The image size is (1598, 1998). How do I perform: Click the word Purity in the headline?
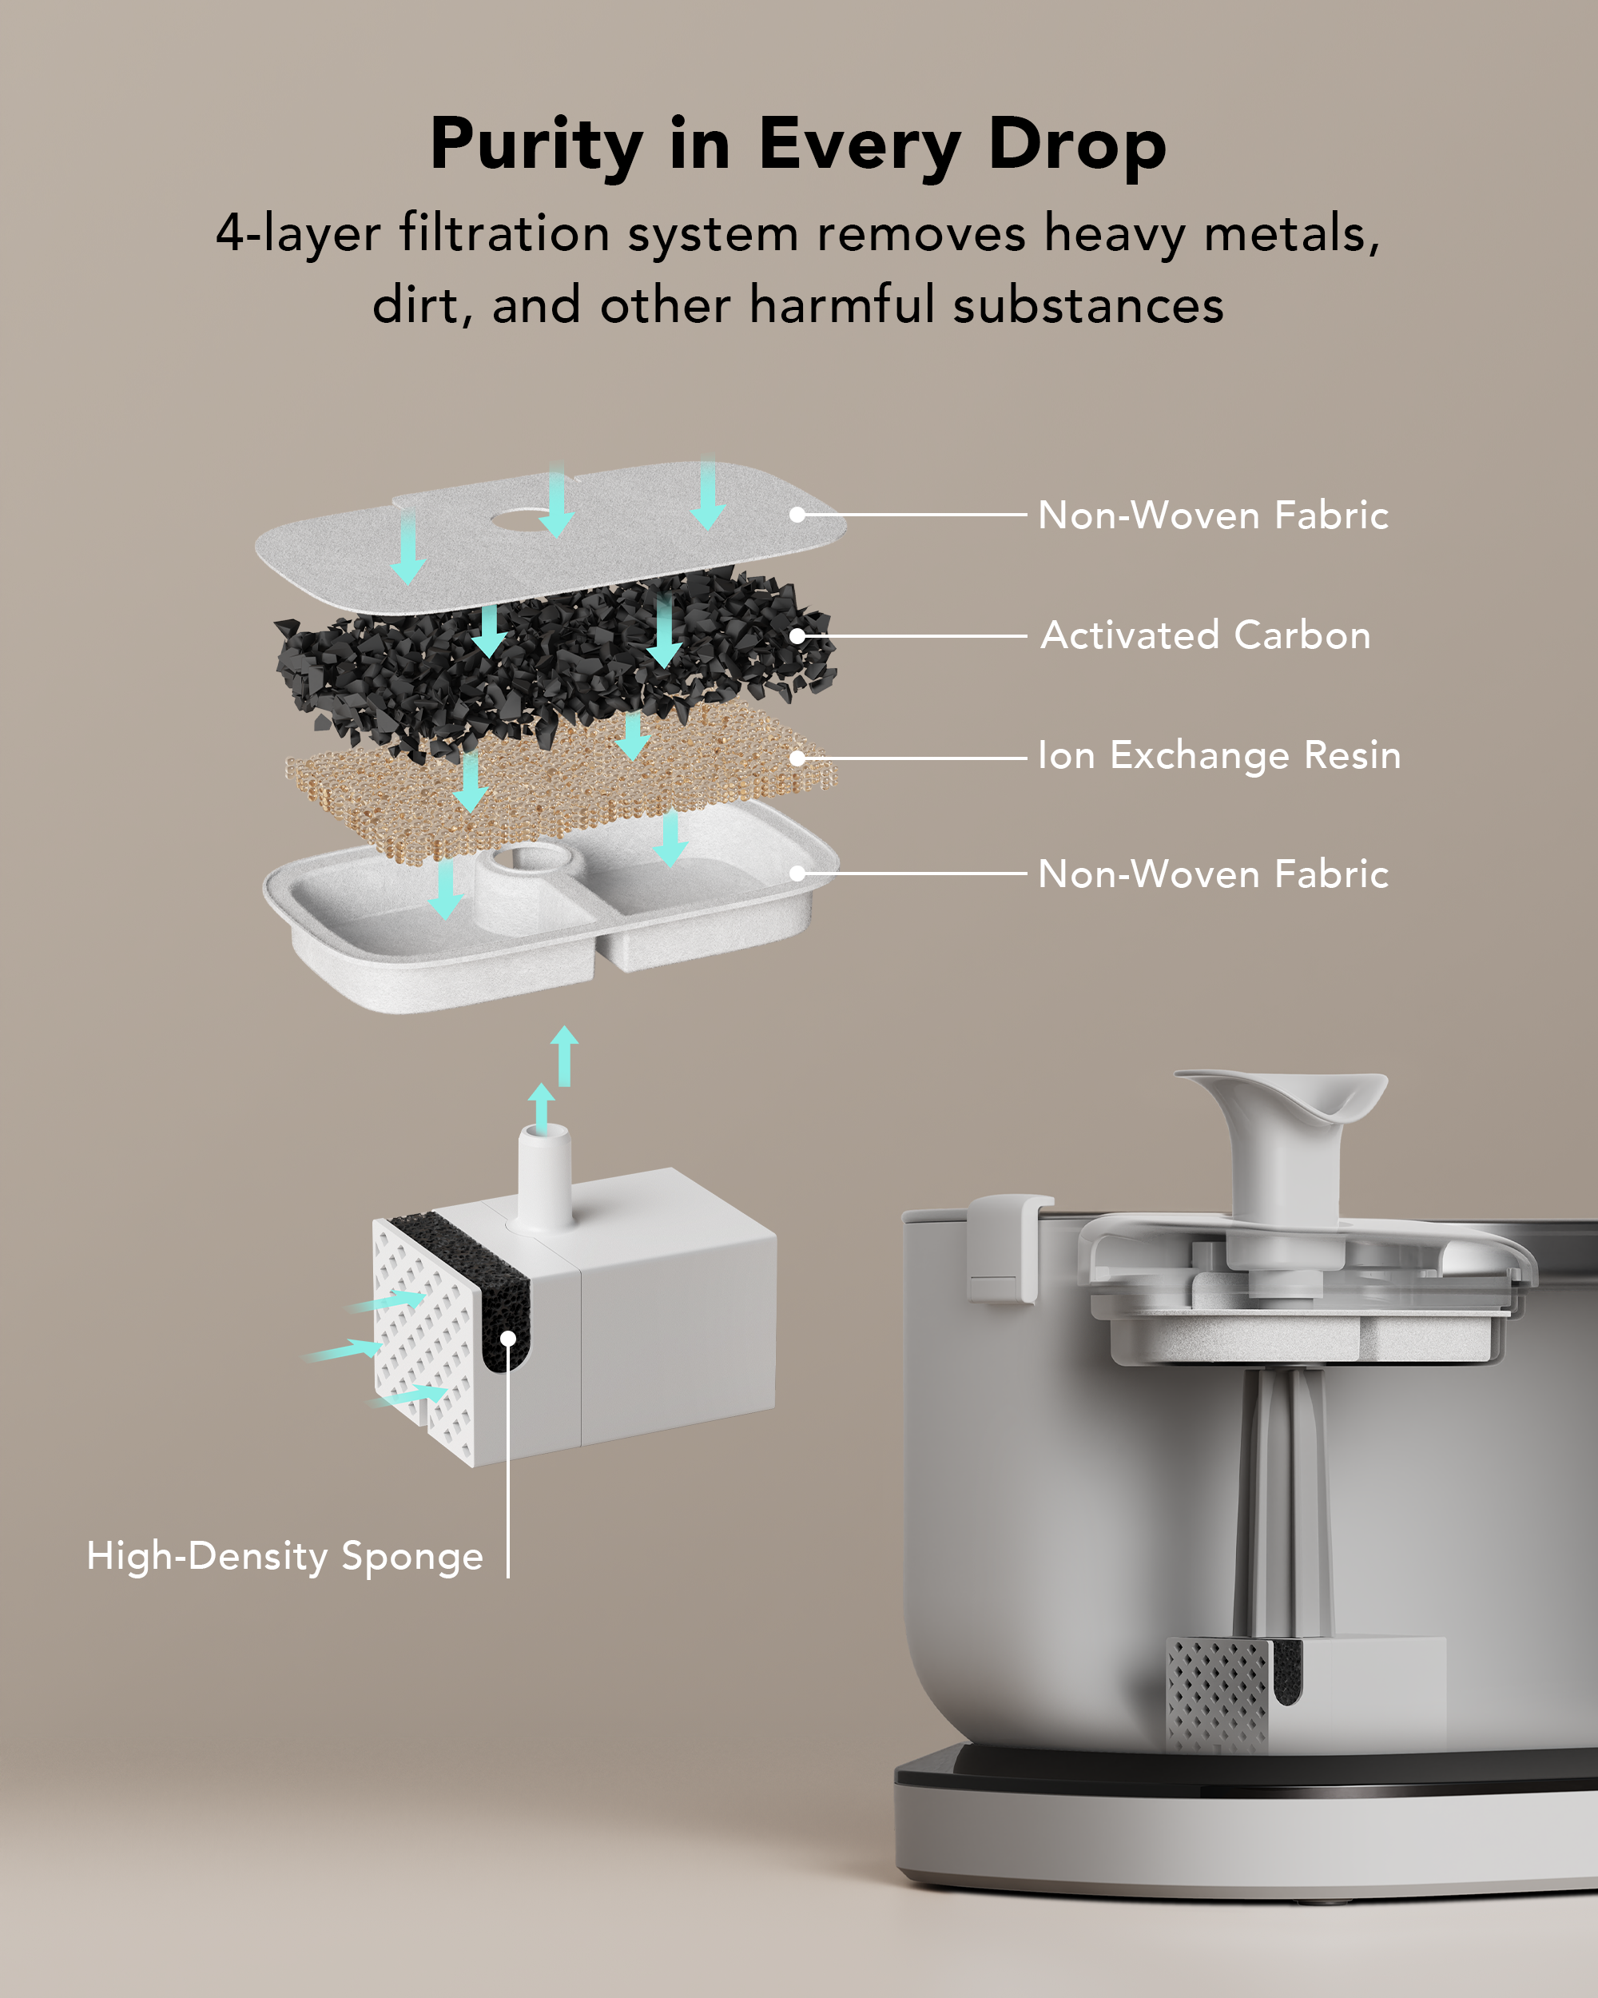pos(536,146)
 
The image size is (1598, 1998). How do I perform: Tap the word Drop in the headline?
pos(1076,146)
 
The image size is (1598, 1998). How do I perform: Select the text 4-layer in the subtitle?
pos(297,233)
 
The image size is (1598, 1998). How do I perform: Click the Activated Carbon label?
pos(1205,635)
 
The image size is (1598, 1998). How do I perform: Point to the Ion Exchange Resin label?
pos(1219,755)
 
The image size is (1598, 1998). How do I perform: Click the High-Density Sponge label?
pos(284,1556)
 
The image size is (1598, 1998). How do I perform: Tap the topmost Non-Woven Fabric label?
pos(1213,515)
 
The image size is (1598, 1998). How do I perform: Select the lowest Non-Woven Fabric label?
pos(1213,874)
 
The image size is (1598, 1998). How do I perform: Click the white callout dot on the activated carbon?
pos(797,635)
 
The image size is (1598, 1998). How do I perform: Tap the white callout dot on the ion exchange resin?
pos(797,758)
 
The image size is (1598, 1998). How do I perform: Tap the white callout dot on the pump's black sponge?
pos(507,1338)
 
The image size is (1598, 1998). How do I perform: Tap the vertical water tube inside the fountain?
pos(1283,1501)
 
